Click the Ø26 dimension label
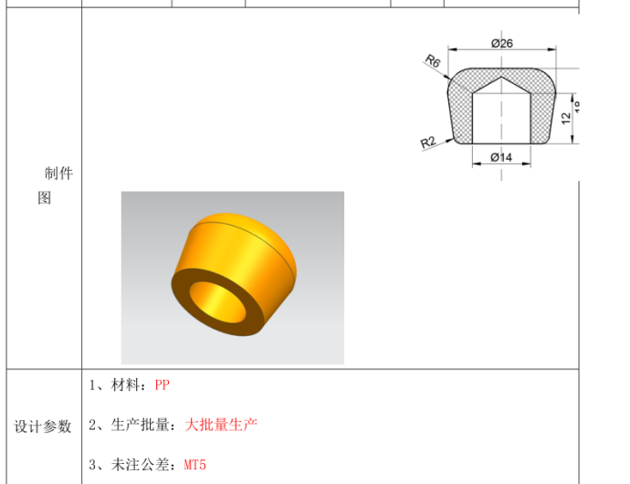(x=501, y=43)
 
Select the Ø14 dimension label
(x=501, y=157)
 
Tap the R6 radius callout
(x=433, y=60)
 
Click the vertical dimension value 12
(x=566, y=117)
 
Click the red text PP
(x=162, y=385)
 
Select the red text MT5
(x=194, y=465)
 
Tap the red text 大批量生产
(x=221, y=425)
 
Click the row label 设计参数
(x=43, y=426)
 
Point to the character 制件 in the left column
(x=58, y=174)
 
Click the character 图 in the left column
(x=44, y=198)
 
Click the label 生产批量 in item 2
(x=143, y=425)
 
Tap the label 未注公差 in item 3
(x=143, y=465)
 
